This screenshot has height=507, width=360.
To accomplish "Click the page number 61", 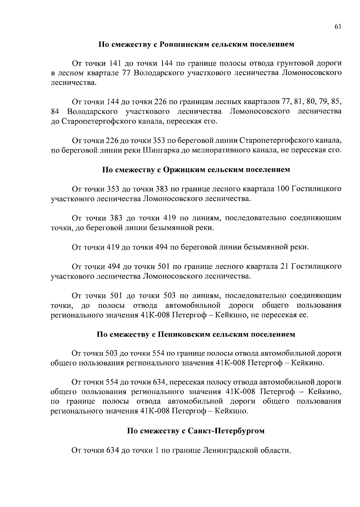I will (337, 27).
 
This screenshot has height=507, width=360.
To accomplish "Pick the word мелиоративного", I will (228, 150).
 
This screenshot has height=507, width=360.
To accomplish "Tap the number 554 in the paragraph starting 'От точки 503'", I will (159, 353).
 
